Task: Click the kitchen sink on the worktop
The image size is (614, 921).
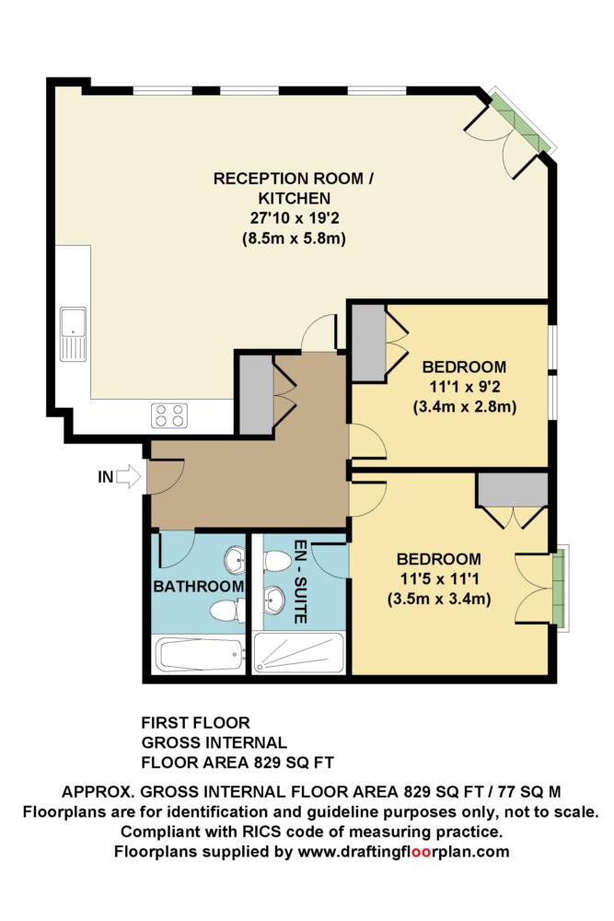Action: tap(73, 334)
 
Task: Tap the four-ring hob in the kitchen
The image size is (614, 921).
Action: tap(169, 415)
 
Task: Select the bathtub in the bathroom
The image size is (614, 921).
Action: tap(198, 656)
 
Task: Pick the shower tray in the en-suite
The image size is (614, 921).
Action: tap(299, 654)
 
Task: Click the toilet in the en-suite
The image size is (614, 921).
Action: tap(277, 561)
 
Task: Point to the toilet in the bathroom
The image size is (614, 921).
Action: tap(226, 611)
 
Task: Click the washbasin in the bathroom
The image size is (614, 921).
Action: tap(235, 559)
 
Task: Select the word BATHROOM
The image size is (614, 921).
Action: tap(199, 586)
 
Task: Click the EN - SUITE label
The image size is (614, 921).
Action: tap(299, 581)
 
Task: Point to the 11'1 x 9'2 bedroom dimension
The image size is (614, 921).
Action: tap(464, 387)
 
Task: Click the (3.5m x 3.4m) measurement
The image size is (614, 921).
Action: tap(439, 600)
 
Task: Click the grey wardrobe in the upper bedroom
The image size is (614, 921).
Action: tap(368, 344)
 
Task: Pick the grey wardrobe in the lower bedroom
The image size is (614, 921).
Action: tap(513, 488)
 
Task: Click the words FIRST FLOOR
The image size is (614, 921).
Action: tap(195, 722)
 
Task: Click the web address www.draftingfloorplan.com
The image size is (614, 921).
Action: tap(404, 852)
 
